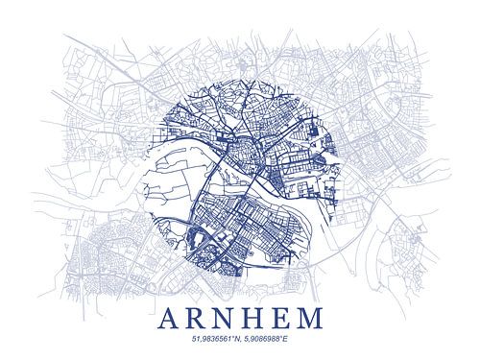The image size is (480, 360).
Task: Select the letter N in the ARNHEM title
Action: click(225, 317)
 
